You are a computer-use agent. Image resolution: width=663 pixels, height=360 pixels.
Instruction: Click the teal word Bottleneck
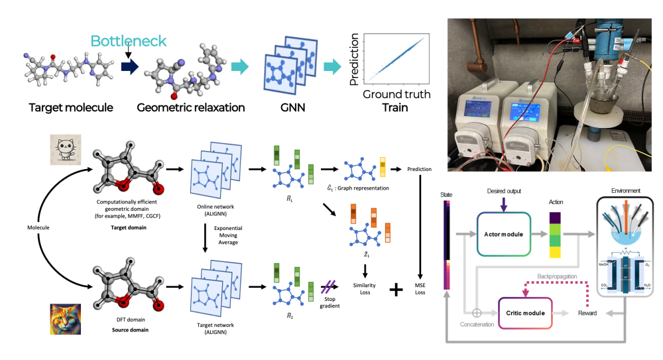129,41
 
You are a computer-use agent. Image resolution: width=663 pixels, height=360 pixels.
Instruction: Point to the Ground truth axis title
396,94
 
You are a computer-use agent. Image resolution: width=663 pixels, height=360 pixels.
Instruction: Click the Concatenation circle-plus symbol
476,312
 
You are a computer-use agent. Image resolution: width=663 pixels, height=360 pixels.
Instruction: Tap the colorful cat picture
66,318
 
